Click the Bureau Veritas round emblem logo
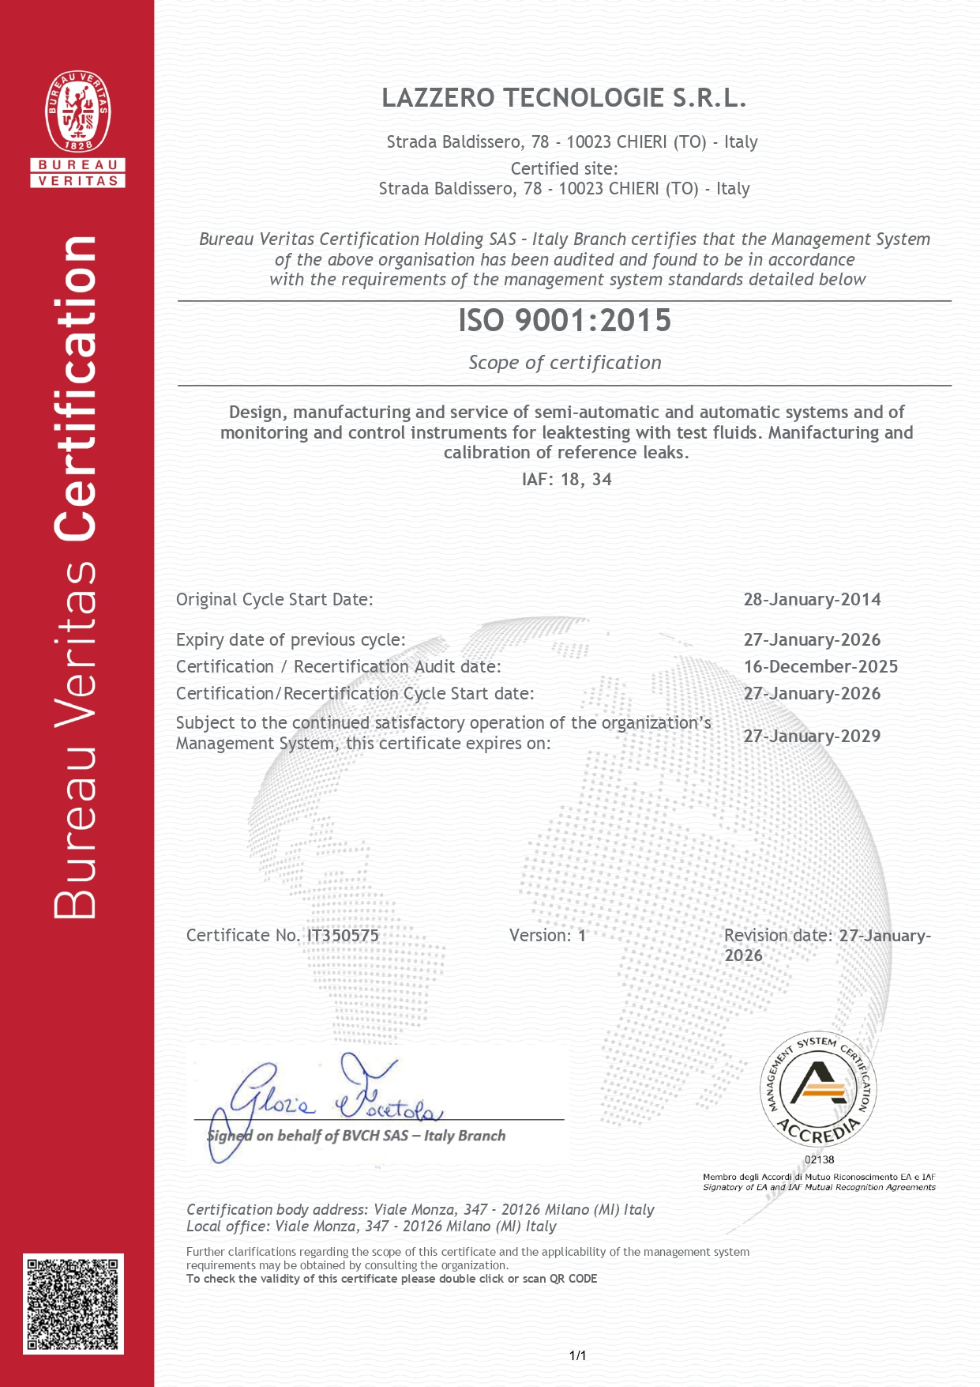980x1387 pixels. point(77,111)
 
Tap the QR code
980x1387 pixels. point(73,1303)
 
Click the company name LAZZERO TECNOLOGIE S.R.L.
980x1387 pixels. point(564,98)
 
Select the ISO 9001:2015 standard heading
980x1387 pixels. point(565,321)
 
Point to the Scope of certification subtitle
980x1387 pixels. point(565,363)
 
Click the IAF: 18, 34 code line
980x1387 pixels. point(566,480)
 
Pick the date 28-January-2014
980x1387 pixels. point(812,600)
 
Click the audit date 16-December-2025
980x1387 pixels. point(820,667)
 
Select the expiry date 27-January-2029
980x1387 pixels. point(812,737)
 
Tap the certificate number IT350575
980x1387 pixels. point(343,936)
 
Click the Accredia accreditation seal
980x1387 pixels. point(818,1089)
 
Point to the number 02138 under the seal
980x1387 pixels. point(819,1160)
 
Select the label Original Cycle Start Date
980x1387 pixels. point(274,600)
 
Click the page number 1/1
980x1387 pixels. point(577,1356)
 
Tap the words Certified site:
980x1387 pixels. point(564,168)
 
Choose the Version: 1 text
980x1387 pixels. point(547,936)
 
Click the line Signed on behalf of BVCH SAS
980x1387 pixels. point(356,1136)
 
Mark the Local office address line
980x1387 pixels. point(371,1227)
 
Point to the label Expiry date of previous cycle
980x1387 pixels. point(291,640)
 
